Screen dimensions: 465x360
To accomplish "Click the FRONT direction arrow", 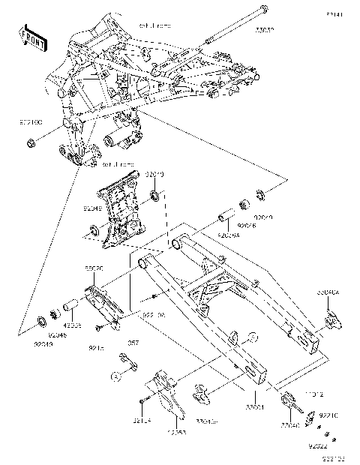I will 34,38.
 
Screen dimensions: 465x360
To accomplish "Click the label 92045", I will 58,335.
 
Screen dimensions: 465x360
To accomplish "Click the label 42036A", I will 229,235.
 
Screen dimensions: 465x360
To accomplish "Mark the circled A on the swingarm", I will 252,337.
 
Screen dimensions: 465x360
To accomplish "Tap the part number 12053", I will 177,433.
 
